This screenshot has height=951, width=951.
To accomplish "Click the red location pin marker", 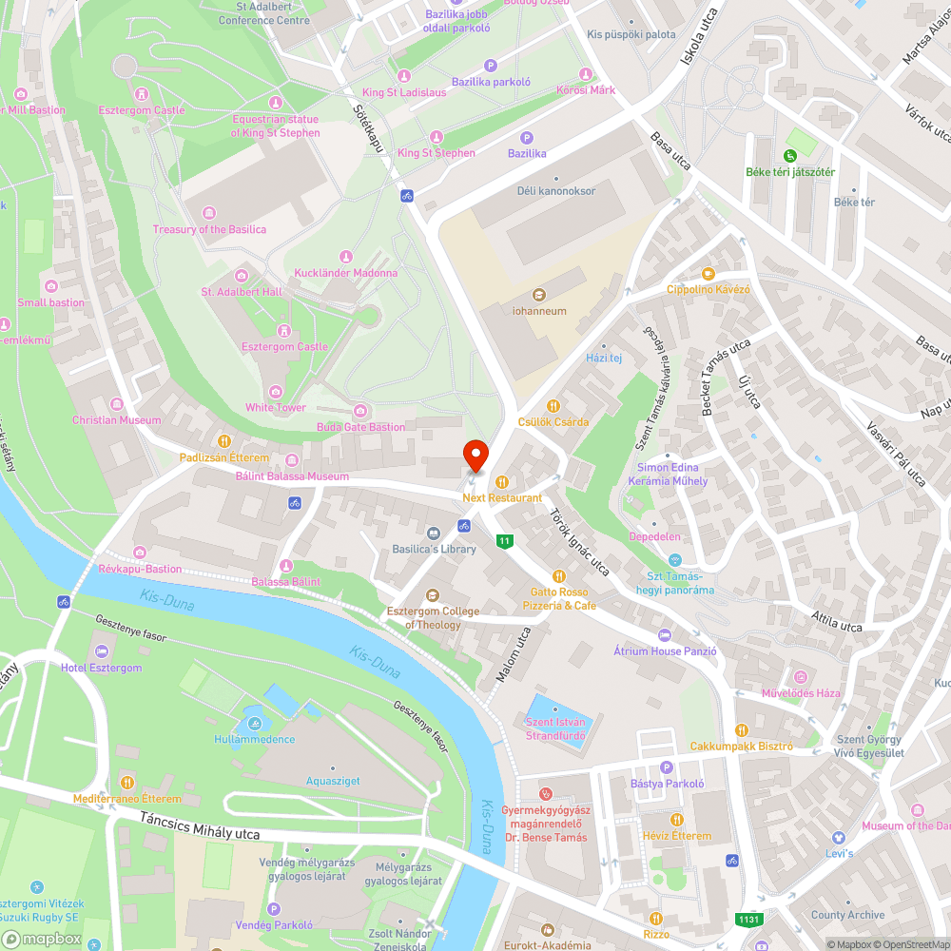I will [x=475, y=456].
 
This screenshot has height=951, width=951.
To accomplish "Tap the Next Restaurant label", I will [x=502, y=497].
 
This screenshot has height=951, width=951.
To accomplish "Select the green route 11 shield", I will [x=504, y=541].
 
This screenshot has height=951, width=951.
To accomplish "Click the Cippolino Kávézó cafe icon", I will [x=708, y=273].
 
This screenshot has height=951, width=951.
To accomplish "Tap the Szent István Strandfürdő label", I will [x=556, y=728].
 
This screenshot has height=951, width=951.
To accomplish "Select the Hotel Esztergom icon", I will [x=102, y=651].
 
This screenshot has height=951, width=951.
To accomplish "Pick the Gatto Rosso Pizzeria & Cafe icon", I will [x=559, y=575].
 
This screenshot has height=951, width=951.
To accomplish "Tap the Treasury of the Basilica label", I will [x=209, y=229].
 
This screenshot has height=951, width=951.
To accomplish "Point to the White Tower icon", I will [x=276, y=392].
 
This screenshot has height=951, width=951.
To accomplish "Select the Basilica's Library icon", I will [x=434, y=534].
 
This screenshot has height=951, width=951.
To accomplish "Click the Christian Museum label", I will [x=117, y=420].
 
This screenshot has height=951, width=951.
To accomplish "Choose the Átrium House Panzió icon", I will [x=664, y=635].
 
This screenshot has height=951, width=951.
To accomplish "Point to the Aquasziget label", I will [x=333, y=781].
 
